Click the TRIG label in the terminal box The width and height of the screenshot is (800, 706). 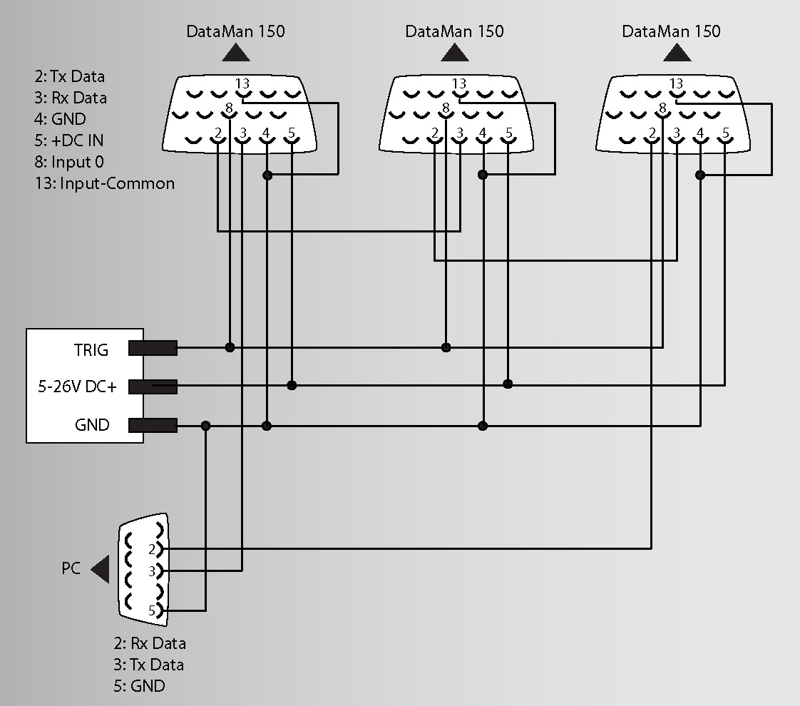pos(91,350)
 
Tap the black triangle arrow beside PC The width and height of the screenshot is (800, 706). pos(101,568)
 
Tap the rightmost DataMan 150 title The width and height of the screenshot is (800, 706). pos(671,31)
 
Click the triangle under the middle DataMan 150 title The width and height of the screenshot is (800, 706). pos(454,53)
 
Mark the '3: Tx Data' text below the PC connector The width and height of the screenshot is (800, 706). pos(148,665)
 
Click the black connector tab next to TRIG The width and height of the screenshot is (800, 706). pos(153,348)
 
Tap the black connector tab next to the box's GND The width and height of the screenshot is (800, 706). pos(153,426)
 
